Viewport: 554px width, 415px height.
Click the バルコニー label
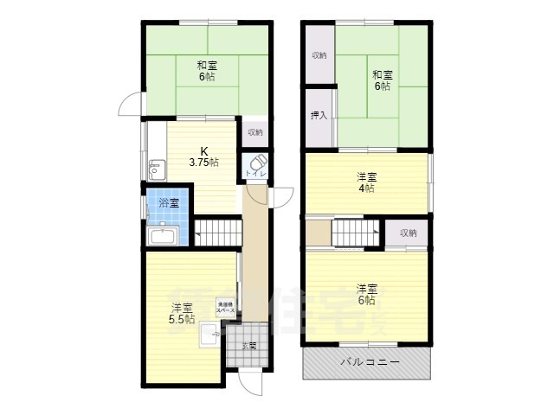click(369, 363)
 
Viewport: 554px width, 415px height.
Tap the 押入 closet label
click(319, 115)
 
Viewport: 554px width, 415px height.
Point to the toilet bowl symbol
click(258, 162)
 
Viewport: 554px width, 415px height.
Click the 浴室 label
click(168, 203)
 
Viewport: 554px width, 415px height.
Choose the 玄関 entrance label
click(248, 346)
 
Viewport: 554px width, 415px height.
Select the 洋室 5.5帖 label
click(181, 313)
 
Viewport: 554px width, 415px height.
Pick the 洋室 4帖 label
click(366, 182)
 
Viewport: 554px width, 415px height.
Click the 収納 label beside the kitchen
click(255, 132)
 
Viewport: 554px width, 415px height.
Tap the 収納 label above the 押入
click(319, 55)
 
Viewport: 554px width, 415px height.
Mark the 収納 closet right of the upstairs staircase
click(408, 233)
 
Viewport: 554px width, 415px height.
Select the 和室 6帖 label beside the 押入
click(382, 80)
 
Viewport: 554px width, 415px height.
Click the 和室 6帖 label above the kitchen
click(206, 71)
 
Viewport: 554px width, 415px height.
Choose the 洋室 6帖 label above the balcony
click(366, 294)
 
